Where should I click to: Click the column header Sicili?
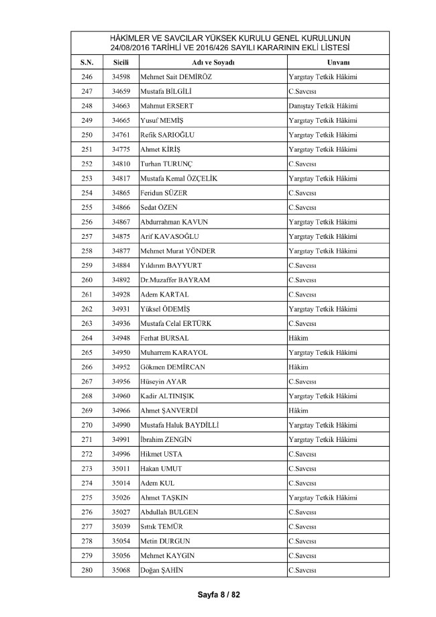(x=121, y=62)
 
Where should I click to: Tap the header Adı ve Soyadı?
(x=211, y=62)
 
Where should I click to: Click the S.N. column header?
(x=87, y=62)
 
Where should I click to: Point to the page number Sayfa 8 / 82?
(x=218, y=594)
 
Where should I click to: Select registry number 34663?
(x=121, y=106)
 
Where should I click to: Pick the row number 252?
(x=87, y=164)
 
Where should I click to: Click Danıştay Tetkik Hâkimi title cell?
(x=323, y=106)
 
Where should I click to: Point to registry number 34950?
(x=121, y=352)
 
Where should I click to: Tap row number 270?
(x=87, y=425)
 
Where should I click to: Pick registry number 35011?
(x=121, y=468)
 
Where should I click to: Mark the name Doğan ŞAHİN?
(x=162, y=570)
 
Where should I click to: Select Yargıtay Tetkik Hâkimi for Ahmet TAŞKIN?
(x=323, y=498)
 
